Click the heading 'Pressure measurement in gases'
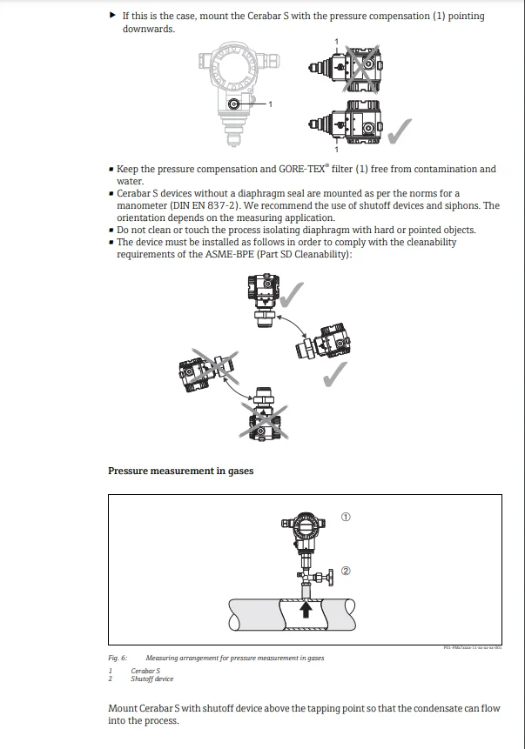tap(180, 471)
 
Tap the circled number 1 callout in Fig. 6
tap(346, 517)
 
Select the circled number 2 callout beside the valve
tap(346, 572)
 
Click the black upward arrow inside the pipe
tap(305, 611)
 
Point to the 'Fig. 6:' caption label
tap(118, 659)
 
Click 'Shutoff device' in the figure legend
tap(152, 679)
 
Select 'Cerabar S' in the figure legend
tap(145, 671)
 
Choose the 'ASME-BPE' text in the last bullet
tap(215, 254)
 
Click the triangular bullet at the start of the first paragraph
tap(112, 16)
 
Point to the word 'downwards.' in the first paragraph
tap(148, 29)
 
